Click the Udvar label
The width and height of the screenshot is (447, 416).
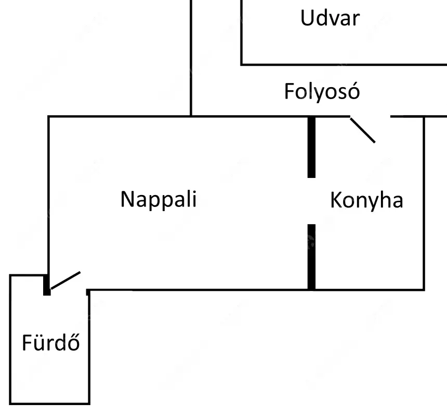[330, 18]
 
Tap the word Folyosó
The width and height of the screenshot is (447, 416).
[322, 92]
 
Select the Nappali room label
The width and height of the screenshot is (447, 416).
[159, 200]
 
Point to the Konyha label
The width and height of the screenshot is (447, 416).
[366, 201]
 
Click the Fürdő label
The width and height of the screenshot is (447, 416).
[51, 342]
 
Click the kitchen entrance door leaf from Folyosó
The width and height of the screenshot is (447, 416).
[363, 130]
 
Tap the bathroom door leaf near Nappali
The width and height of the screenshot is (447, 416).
[65, 281]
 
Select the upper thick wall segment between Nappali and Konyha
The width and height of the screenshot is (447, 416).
[311, 147]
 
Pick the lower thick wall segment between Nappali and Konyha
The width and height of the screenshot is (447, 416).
[311, 257]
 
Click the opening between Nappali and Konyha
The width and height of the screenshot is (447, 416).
[311, 201]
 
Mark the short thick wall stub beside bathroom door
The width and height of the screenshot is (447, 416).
[47, 285]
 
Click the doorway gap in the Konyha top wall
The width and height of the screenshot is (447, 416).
[370, 116]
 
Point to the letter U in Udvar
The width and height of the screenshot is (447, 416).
[307, 18]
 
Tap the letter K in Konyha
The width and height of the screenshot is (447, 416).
[336, 200]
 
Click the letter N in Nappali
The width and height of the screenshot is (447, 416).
[127, 199]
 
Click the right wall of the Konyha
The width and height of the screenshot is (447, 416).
[424, 203]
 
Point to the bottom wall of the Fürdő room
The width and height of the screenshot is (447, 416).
[50, 404]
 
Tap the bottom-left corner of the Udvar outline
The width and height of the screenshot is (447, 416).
[242, 65]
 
